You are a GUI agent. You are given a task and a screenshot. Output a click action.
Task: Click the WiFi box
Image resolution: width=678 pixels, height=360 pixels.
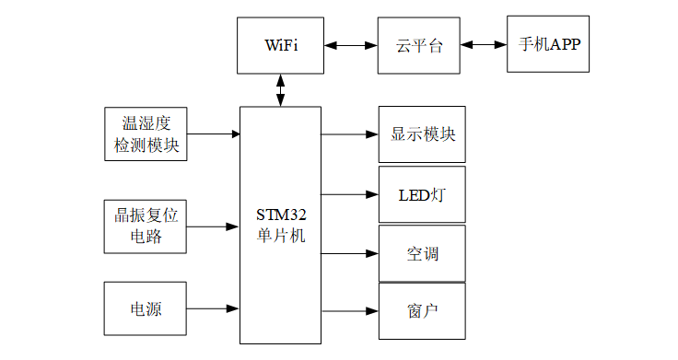(281, 44)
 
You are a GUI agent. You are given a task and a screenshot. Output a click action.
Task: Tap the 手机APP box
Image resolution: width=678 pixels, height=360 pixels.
(548, 44)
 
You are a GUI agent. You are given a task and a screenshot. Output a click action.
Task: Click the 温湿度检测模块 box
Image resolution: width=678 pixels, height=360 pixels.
(146, 134)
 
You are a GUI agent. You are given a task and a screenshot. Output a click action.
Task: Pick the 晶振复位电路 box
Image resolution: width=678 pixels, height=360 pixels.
(146, 226)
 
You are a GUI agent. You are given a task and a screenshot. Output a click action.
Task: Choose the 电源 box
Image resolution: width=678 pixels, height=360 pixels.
(146, 309)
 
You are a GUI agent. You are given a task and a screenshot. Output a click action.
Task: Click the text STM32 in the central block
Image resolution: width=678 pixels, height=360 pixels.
(281, 215)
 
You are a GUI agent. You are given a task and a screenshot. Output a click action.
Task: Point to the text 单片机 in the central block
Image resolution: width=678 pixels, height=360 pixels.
(281, 235)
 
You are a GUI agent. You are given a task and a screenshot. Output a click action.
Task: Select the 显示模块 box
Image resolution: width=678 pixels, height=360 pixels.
(422, 134)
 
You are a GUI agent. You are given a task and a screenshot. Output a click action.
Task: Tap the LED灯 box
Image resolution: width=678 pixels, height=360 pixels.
(422, 194)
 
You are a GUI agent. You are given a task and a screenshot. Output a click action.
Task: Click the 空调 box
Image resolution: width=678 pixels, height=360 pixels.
(422, 253)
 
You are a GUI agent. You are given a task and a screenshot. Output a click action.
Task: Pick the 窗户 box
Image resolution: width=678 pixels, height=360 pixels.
(422, 310)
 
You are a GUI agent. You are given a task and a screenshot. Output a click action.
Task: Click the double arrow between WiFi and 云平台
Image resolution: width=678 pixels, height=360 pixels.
(350, 44)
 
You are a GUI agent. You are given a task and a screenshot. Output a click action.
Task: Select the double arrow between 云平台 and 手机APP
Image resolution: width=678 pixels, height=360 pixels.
(484, 44)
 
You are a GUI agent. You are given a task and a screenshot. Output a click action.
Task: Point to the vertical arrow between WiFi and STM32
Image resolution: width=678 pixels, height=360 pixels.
(281, 90)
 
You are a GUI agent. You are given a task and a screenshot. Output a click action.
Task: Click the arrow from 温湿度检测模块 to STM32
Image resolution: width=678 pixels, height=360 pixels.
(214, 134)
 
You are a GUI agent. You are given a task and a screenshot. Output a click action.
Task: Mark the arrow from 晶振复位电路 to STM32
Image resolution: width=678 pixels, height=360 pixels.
(214, 226)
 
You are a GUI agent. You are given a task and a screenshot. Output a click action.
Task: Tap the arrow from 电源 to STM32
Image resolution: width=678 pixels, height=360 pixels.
(214, 309)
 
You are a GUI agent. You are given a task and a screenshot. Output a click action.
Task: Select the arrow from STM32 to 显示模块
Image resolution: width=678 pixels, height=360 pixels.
(350, 134)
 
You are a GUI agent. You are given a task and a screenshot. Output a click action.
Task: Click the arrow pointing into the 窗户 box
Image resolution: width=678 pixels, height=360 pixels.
(350, 310)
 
